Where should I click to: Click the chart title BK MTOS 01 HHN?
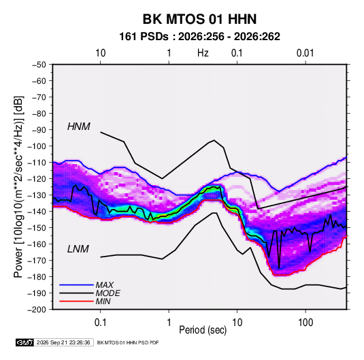(199, 19)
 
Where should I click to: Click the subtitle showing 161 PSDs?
(199, 37)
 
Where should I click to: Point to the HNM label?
(79, 127)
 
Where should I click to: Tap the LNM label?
(78, 249)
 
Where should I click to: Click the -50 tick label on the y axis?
(39, 65)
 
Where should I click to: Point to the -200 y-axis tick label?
(37, 310)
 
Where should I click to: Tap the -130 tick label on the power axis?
(37, 195)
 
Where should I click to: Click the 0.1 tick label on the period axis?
(100, 322)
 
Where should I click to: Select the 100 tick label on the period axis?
(305, 322)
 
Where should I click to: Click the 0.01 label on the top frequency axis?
(305, 53)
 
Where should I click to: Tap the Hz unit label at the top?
(203, 53)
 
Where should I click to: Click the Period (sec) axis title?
(203, 330)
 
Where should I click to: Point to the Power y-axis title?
(19, 187)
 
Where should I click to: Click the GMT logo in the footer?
(24, 342)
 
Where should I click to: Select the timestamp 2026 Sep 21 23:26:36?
(63, 342)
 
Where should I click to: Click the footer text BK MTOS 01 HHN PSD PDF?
(128, 342)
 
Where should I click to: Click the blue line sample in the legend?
(76, 284)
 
